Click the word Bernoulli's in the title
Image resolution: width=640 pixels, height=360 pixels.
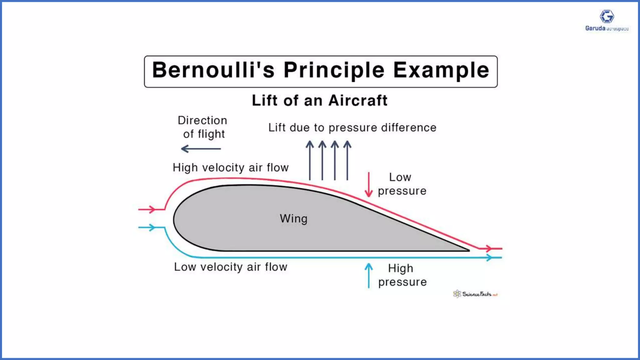click(x=213, y=70)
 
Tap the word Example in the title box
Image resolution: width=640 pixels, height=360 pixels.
click(x=441, y=71)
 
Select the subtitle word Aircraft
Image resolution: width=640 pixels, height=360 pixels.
click(x=358, y=101)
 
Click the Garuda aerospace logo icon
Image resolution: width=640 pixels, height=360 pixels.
click(x=607, y=17)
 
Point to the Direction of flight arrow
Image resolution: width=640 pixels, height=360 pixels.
click(x=201, y=149)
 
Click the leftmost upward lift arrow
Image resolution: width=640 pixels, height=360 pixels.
click(x=310, y=160)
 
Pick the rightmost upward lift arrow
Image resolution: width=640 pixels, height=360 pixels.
click(x=347, y=160)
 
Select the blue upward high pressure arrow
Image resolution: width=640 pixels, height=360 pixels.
click(x=369, y=275)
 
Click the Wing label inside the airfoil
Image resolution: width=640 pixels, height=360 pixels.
click(x=293, y=218)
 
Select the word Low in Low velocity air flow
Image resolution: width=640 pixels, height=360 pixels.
click(x=185, y=267)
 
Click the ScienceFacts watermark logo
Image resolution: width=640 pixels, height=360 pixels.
click(x=475, y=294)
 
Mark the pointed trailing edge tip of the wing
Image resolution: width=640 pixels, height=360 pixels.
click(x=468, y=250)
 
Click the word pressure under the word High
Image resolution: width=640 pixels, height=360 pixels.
click(x=402, y=282)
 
